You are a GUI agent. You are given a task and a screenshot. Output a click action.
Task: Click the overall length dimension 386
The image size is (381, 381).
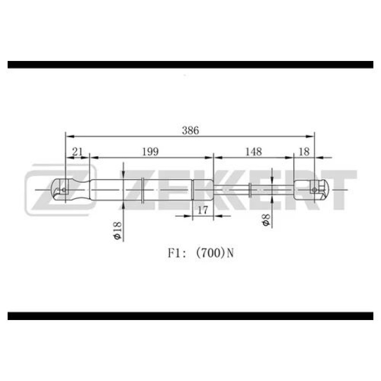click(190, 130)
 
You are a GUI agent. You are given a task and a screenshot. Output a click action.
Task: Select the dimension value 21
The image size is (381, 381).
click(78, 152)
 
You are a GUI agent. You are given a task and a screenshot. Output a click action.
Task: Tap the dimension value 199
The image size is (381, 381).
click(150, 152)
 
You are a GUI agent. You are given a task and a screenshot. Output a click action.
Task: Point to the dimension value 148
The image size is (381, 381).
click(253, 152)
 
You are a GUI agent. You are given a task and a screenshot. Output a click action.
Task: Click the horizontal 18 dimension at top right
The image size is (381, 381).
click(304, 152)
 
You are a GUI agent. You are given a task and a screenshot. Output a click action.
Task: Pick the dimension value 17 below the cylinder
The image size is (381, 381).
click(203, 210)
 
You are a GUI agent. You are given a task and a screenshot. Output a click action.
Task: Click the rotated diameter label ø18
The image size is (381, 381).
click(117, 231)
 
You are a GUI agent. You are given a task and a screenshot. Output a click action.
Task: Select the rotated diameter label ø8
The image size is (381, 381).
click(266, 220)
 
